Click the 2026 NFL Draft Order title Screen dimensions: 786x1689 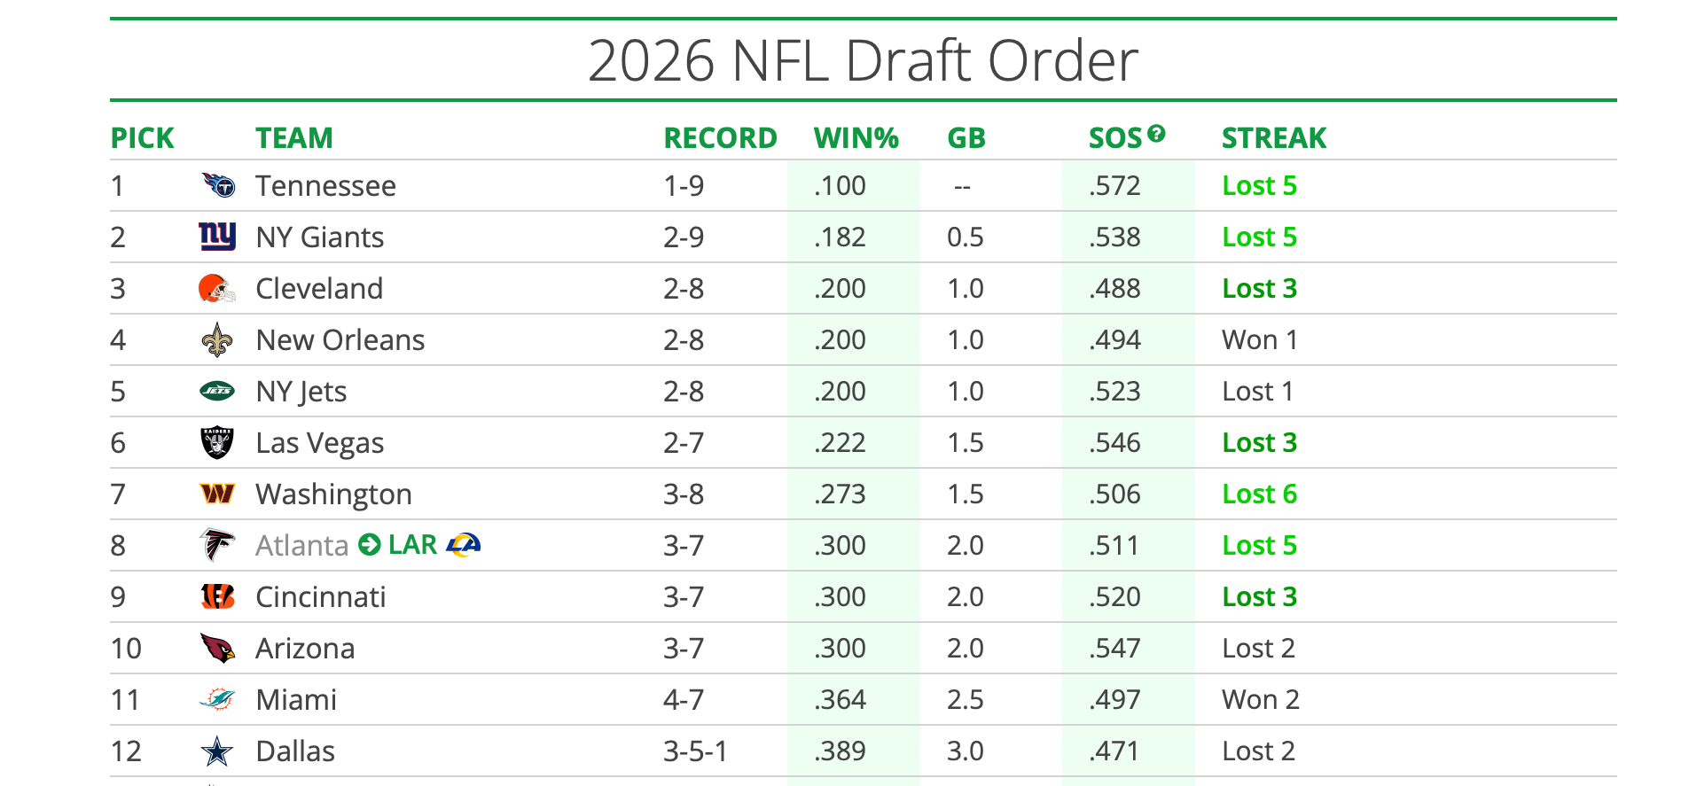tap(863, 60)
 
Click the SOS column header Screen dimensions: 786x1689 tap(1115, 138)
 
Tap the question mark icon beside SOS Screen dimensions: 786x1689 tap(1156, 134)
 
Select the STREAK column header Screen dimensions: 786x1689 tap(1273, 138)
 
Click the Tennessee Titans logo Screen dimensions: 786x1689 tap(218, 185)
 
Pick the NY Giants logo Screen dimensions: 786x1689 tap(217, 237)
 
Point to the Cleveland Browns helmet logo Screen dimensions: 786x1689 tap(217, 289)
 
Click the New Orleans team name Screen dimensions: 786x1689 tap(340, 340)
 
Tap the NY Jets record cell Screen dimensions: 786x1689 tap(684, 392)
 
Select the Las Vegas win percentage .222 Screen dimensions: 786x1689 tap(840, 443)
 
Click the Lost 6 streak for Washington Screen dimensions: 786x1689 tap(1259, 494)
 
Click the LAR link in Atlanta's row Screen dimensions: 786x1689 tap(412, 545)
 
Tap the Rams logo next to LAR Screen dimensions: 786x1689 tap(464, 544)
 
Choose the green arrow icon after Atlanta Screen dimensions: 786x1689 tap(370, 545)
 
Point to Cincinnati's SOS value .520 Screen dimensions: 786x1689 tap(1114, 597)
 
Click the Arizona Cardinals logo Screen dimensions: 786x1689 tap(217, 649)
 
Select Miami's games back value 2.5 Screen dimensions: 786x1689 tap(965, 700)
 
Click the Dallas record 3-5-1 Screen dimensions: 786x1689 tap(695, 751)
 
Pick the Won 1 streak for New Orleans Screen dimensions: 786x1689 tap(1259, 340)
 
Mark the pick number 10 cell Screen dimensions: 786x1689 tap(126, 649)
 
